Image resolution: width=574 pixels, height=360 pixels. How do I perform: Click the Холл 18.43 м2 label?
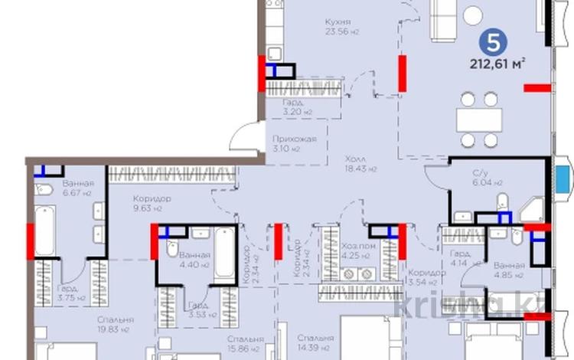point(355,163)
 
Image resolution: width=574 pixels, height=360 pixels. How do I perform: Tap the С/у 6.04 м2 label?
point(487,178)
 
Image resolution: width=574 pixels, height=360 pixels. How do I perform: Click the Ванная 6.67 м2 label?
point(77,189)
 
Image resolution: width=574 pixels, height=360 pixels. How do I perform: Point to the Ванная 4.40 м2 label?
point(189,260)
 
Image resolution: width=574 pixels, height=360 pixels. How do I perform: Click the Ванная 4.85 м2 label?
point(508,269)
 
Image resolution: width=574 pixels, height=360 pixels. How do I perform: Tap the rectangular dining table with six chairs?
point(479,119)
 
